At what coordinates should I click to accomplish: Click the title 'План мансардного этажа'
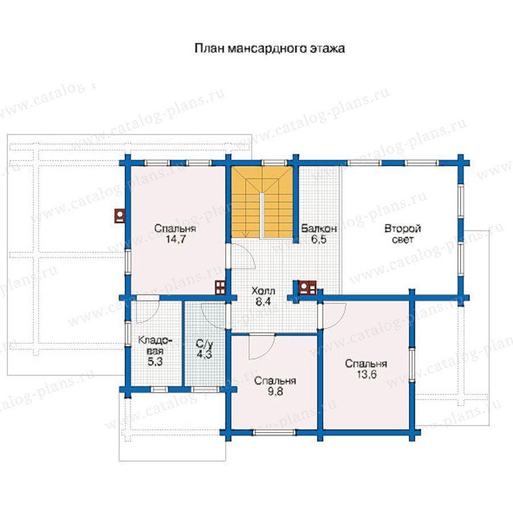pos(270,48)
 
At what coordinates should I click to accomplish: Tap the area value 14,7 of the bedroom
pos(176,239)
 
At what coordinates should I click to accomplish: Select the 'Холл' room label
pos(263,291)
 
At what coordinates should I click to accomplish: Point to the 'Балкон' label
pos(319,228)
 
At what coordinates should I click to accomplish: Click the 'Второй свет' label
pos(402,234)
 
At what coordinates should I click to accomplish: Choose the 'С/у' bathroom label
pos(205,344)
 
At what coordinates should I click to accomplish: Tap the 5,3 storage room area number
pos(155,361)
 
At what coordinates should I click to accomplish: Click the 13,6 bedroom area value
pos(367,374)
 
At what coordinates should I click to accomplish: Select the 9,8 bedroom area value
pos(275,391)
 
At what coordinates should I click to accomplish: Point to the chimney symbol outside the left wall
pos(120,216)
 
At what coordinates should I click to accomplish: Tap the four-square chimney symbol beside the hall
pos(220,287)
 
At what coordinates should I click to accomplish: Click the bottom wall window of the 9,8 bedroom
pos(275,433)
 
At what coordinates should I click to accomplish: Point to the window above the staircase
pos(273,162)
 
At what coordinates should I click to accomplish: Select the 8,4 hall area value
pos(263,302)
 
